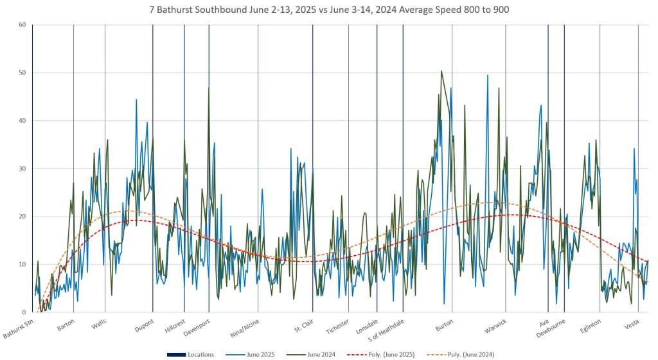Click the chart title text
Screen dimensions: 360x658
(x=328, y=10)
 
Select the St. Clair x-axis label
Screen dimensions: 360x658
(x=303, y=324)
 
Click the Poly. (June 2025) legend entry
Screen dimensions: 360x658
(x=382, y=354)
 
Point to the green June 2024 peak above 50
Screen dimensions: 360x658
(x=441, y=71)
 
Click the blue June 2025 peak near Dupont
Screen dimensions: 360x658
(x=136, y=100)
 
